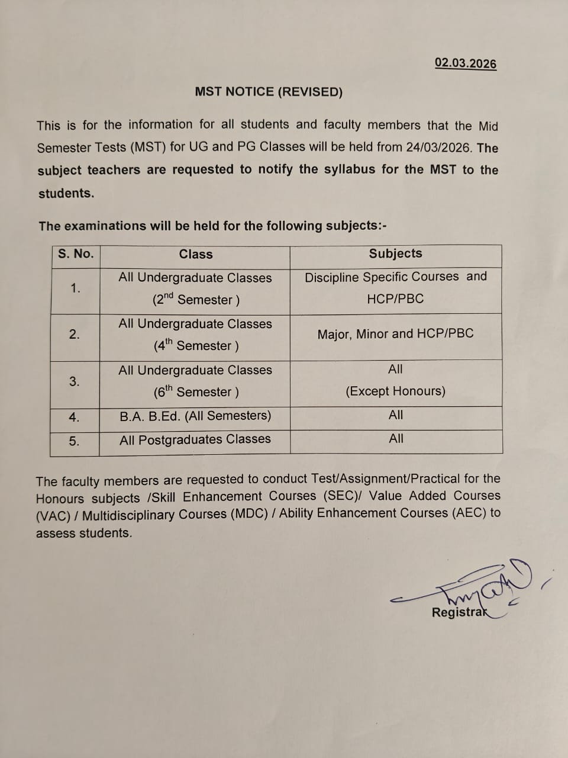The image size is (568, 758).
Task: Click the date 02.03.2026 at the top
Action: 466,63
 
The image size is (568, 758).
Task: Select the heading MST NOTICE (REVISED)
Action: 269,92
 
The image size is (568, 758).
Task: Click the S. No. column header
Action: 76,254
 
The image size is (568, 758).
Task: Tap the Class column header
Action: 196,255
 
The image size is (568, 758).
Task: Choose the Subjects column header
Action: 395,253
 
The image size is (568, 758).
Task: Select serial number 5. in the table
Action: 74,441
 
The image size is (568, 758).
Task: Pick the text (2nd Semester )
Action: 196,300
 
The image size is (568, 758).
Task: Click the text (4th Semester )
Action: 196,345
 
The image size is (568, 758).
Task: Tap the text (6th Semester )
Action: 196,391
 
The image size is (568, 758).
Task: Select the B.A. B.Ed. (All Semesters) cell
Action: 195,416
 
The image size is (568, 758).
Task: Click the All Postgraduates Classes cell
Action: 195,439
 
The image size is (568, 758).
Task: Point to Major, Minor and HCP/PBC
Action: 395,333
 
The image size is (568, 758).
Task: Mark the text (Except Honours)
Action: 395,391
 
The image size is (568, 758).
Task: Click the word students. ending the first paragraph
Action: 66,194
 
